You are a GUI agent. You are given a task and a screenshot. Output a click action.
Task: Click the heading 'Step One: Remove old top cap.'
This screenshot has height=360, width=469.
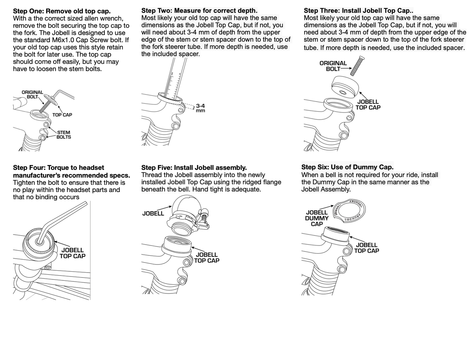pyautogui.click(x=62, y=11)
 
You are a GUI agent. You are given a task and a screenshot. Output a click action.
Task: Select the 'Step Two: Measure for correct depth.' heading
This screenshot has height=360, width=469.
pyautogui.click(x=199, y=11)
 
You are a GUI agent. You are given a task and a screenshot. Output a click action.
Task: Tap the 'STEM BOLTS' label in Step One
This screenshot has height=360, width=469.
pyautogui.click(x=64, y=135)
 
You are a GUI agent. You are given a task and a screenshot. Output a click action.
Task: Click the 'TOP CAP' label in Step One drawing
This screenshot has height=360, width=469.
pyautogui.click(x=62, y=115)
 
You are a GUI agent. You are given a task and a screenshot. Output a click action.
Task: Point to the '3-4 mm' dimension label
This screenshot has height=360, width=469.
pyautogui.click(x=200, y=108)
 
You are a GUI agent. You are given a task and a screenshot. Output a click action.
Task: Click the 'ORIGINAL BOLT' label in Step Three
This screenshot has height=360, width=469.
pyautogui.click(x=333, y=66)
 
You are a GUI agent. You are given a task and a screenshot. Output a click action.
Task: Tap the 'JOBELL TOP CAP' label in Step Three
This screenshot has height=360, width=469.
pyautogui.click(x=368, y=105)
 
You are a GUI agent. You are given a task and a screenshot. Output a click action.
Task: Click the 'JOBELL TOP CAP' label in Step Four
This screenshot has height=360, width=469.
pyautogui.click(x=72, y=253)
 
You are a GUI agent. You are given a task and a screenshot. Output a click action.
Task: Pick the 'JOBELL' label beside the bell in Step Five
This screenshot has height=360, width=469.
pyautogui.click(x=153, y=213)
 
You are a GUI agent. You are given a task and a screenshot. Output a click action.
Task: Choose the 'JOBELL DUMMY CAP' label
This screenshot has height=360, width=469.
pyautogui.click(x=317, y=218)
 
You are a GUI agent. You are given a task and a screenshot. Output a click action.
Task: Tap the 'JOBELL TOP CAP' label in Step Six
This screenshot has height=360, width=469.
pyautogui.click(x=366, y=248)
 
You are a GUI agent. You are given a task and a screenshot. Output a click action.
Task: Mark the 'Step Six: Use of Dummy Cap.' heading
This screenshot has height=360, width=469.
pyautogui.click(x=347, y=167)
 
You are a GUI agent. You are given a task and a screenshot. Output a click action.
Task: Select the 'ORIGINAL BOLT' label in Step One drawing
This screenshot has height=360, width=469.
pyautogui.click(x=32, y=95)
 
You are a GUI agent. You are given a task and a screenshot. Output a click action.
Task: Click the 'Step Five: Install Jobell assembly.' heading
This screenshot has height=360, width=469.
pyautogui.click(x=194, y=168)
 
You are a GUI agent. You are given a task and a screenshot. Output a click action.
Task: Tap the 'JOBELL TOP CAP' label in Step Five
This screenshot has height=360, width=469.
pyautogui.click(x=207, y=258)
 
